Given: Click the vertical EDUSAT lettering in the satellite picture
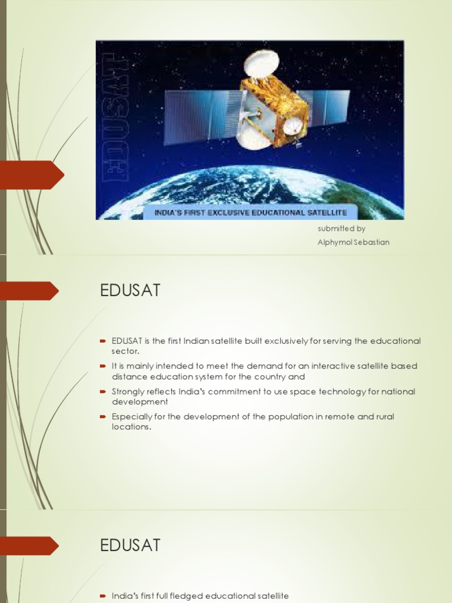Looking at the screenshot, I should coord(116,118).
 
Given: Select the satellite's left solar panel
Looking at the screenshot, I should coord(201,116).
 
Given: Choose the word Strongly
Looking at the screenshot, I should coord(129,391).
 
